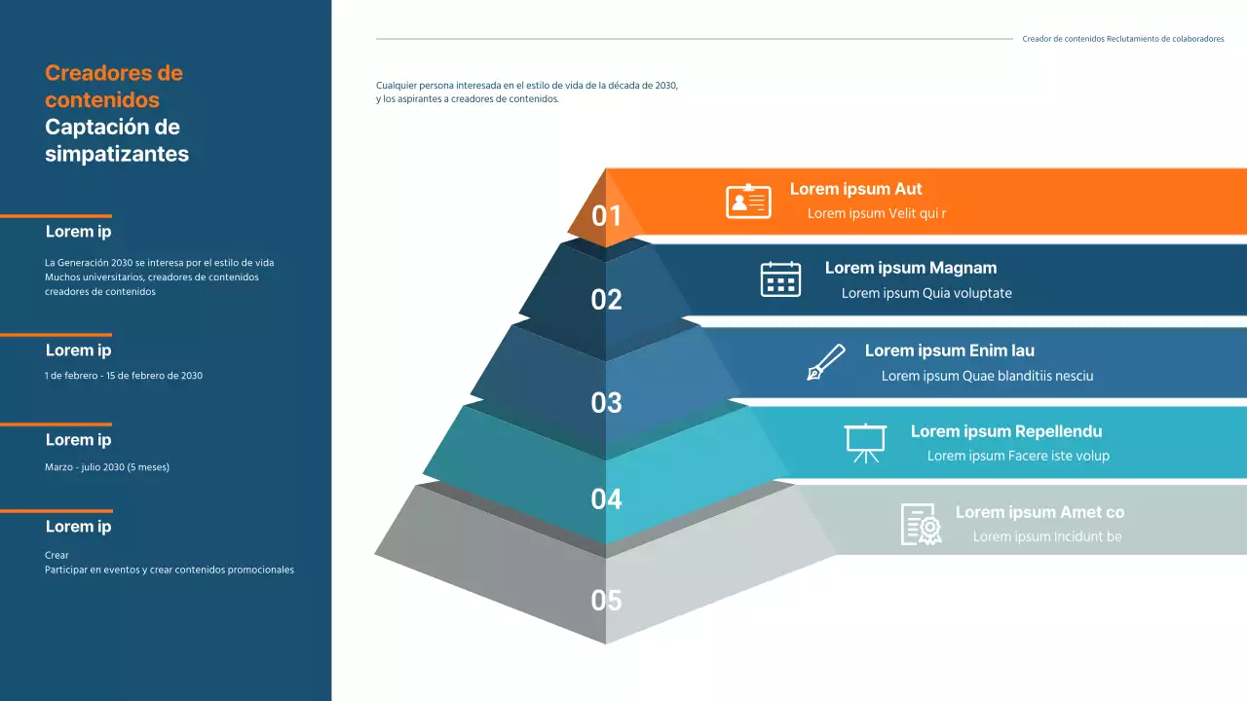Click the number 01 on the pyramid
pos(606,215)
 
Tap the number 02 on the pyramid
pos(606,300)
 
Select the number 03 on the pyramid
pos(606,402)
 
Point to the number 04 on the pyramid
pos(606,499)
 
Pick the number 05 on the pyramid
pos(606,601)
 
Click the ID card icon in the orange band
pos(748,202)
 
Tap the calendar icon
pos(780,279)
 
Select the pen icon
pos(826,362)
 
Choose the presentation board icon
pos(865,442)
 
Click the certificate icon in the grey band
pos(921,524)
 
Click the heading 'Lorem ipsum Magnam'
pos(910,268)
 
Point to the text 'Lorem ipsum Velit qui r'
pos(877,213)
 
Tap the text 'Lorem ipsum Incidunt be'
pos(1047,536)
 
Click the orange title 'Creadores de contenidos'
pos(113,86)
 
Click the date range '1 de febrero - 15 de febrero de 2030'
pos(124,375)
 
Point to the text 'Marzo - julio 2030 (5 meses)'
pos(107,467)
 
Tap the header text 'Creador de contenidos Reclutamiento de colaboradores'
pos(1122,39)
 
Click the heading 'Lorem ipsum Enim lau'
pos(949,350)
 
